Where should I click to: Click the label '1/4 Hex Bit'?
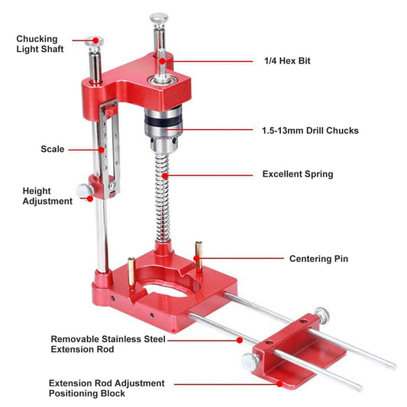pos(287,61)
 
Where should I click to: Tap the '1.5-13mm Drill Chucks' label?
pos(310,131)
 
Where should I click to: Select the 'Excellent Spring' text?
pos(298,174)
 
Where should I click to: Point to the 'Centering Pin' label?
pos(318,259)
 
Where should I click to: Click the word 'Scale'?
pos(53,149)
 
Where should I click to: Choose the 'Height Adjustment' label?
pos(47,196)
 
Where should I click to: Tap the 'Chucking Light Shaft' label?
pos(40,44)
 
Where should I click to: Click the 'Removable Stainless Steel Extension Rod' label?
pos(108,344)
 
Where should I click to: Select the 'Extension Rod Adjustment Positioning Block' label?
pos(107,388)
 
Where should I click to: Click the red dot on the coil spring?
pos(165,176)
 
